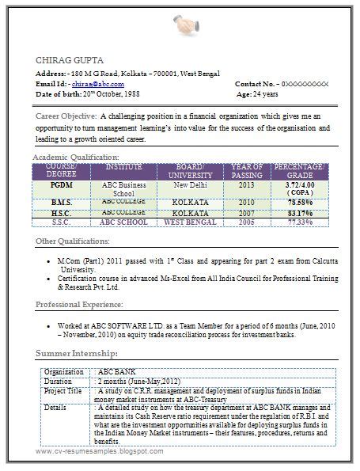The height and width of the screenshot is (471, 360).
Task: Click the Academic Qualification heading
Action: [76, 158]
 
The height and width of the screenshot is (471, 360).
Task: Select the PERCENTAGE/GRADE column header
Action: [297, 170]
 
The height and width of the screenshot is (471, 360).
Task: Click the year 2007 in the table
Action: [246, 213]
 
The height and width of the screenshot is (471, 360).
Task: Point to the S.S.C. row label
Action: [62, 222]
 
